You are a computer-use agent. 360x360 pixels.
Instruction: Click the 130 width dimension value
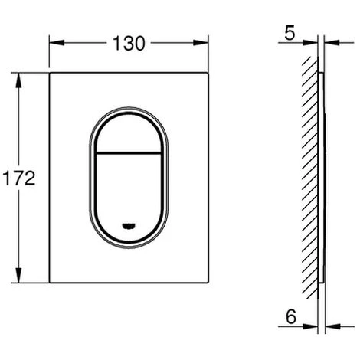click(129, 43)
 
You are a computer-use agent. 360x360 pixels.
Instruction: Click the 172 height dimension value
click(19, 178)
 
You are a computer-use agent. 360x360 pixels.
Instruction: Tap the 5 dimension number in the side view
click(290, 33)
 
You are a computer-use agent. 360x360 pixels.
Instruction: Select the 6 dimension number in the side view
click(291, 316)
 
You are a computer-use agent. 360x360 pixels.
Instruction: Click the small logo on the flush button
click(129, 225)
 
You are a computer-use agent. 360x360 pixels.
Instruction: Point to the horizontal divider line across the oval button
click(129, 153)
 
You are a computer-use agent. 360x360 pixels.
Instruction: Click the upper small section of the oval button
click(129, 135)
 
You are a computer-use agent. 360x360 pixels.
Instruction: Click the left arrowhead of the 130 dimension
click(57, 43)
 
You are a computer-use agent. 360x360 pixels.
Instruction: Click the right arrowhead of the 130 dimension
click(201, 43)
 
